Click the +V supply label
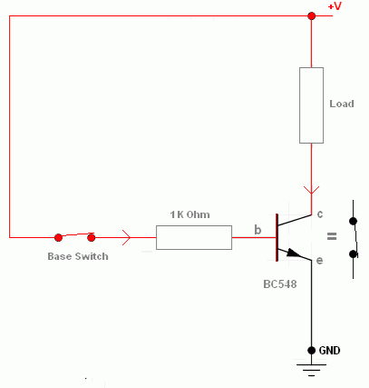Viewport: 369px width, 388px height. click(335, 6)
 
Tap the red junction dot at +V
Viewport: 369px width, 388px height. click(312, 15)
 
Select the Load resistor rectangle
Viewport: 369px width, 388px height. click(311, 105)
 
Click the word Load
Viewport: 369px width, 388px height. click(342, 104)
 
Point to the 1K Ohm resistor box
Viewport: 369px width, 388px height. click(194, 237)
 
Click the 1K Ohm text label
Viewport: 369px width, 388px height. click(189, 214)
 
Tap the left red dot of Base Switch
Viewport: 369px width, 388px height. click(58, 237)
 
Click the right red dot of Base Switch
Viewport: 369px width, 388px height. click(91, 237)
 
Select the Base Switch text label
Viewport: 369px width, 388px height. click(78, 256)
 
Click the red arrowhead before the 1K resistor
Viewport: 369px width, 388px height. click(126, 237)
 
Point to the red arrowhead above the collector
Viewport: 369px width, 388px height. click(312, 190)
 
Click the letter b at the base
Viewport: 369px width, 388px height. click(257, 230)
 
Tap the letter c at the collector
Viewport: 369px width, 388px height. click(320, 214)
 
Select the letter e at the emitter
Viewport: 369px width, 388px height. click(319, 261)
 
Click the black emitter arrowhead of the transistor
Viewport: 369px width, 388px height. click(294, 254)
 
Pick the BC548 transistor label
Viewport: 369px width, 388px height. click(280, 284)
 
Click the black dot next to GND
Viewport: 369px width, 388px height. click(312, 351)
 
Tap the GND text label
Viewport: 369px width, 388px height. click(329, 351)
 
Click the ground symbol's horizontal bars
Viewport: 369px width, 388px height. click(312, 370)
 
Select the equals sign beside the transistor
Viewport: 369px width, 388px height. click(332, 236)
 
